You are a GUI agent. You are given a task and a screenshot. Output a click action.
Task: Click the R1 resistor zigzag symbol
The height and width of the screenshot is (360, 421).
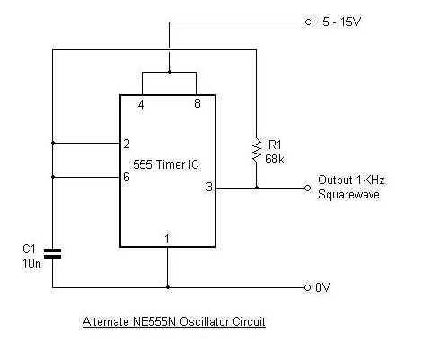coord(257,150)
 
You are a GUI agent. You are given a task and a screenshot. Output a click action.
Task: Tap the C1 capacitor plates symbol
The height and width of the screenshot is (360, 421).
coord(52,253)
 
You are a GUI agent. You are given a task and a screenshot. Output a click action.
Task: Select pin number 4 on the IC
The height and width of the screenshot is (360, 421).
coord(141,104)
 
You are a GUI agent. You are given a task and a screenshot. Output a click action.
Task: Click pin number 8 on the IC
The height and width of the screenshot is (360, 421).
coord(197,103)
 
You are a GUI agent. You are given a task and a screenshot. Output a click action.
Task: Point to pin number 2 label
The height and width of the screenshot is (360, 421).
coord(127,144)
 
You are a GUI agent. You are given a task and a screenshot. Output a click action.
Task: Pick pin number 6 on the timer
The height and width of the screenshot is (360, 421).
coord(127,177)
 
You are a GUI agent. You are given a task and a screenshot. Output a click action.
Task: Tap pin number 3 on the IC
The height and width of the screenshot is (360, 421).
coord(209,187)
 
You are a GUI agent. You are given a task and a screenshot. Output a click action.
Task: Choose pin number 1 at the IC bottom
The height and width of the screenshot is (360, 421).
coord(167,239)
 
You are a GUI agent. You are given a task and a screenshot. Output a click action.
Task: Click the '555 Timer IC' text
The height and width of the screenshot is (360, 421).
coord(166,164)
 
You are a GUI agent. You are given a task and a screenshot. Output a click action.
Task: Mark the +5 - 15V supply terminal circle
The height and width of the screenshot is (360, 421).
coord(308,22)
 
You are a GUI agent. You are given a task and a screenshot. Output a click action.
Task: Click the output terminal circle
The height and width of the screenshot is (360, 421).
coord(307,188)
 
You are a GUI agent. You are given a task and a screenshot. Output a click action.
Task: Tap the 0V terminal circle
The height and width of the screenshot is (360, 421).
coord(307,287)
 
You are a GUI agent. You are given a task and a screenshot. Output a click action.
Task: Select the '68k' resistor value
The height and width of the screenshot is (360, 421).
coord(275,159)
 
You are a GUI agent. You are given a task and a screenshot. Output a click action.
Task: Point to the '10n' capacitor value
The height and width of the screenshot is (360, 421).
coord(31,263)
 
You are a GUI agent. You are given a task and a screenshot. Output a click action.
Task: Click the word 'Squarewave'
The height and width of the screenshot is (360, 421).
coord(348,195)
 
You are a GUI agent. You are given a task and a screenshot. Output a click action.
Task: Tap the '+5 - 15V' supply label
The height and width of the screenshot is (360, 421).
coord(339,22)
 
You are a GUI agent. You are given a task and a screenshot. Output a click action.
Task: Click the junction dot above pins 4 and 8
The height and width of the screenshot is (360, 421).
coord(170,72)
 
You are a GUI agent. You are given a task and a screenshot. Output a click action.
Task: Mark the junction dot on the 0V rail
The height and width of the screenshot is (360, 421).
coord(168,287)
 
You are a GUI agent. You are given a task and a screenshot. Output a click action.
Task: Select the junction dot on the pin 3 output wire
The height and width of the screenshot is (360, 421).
coord(257,188)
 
